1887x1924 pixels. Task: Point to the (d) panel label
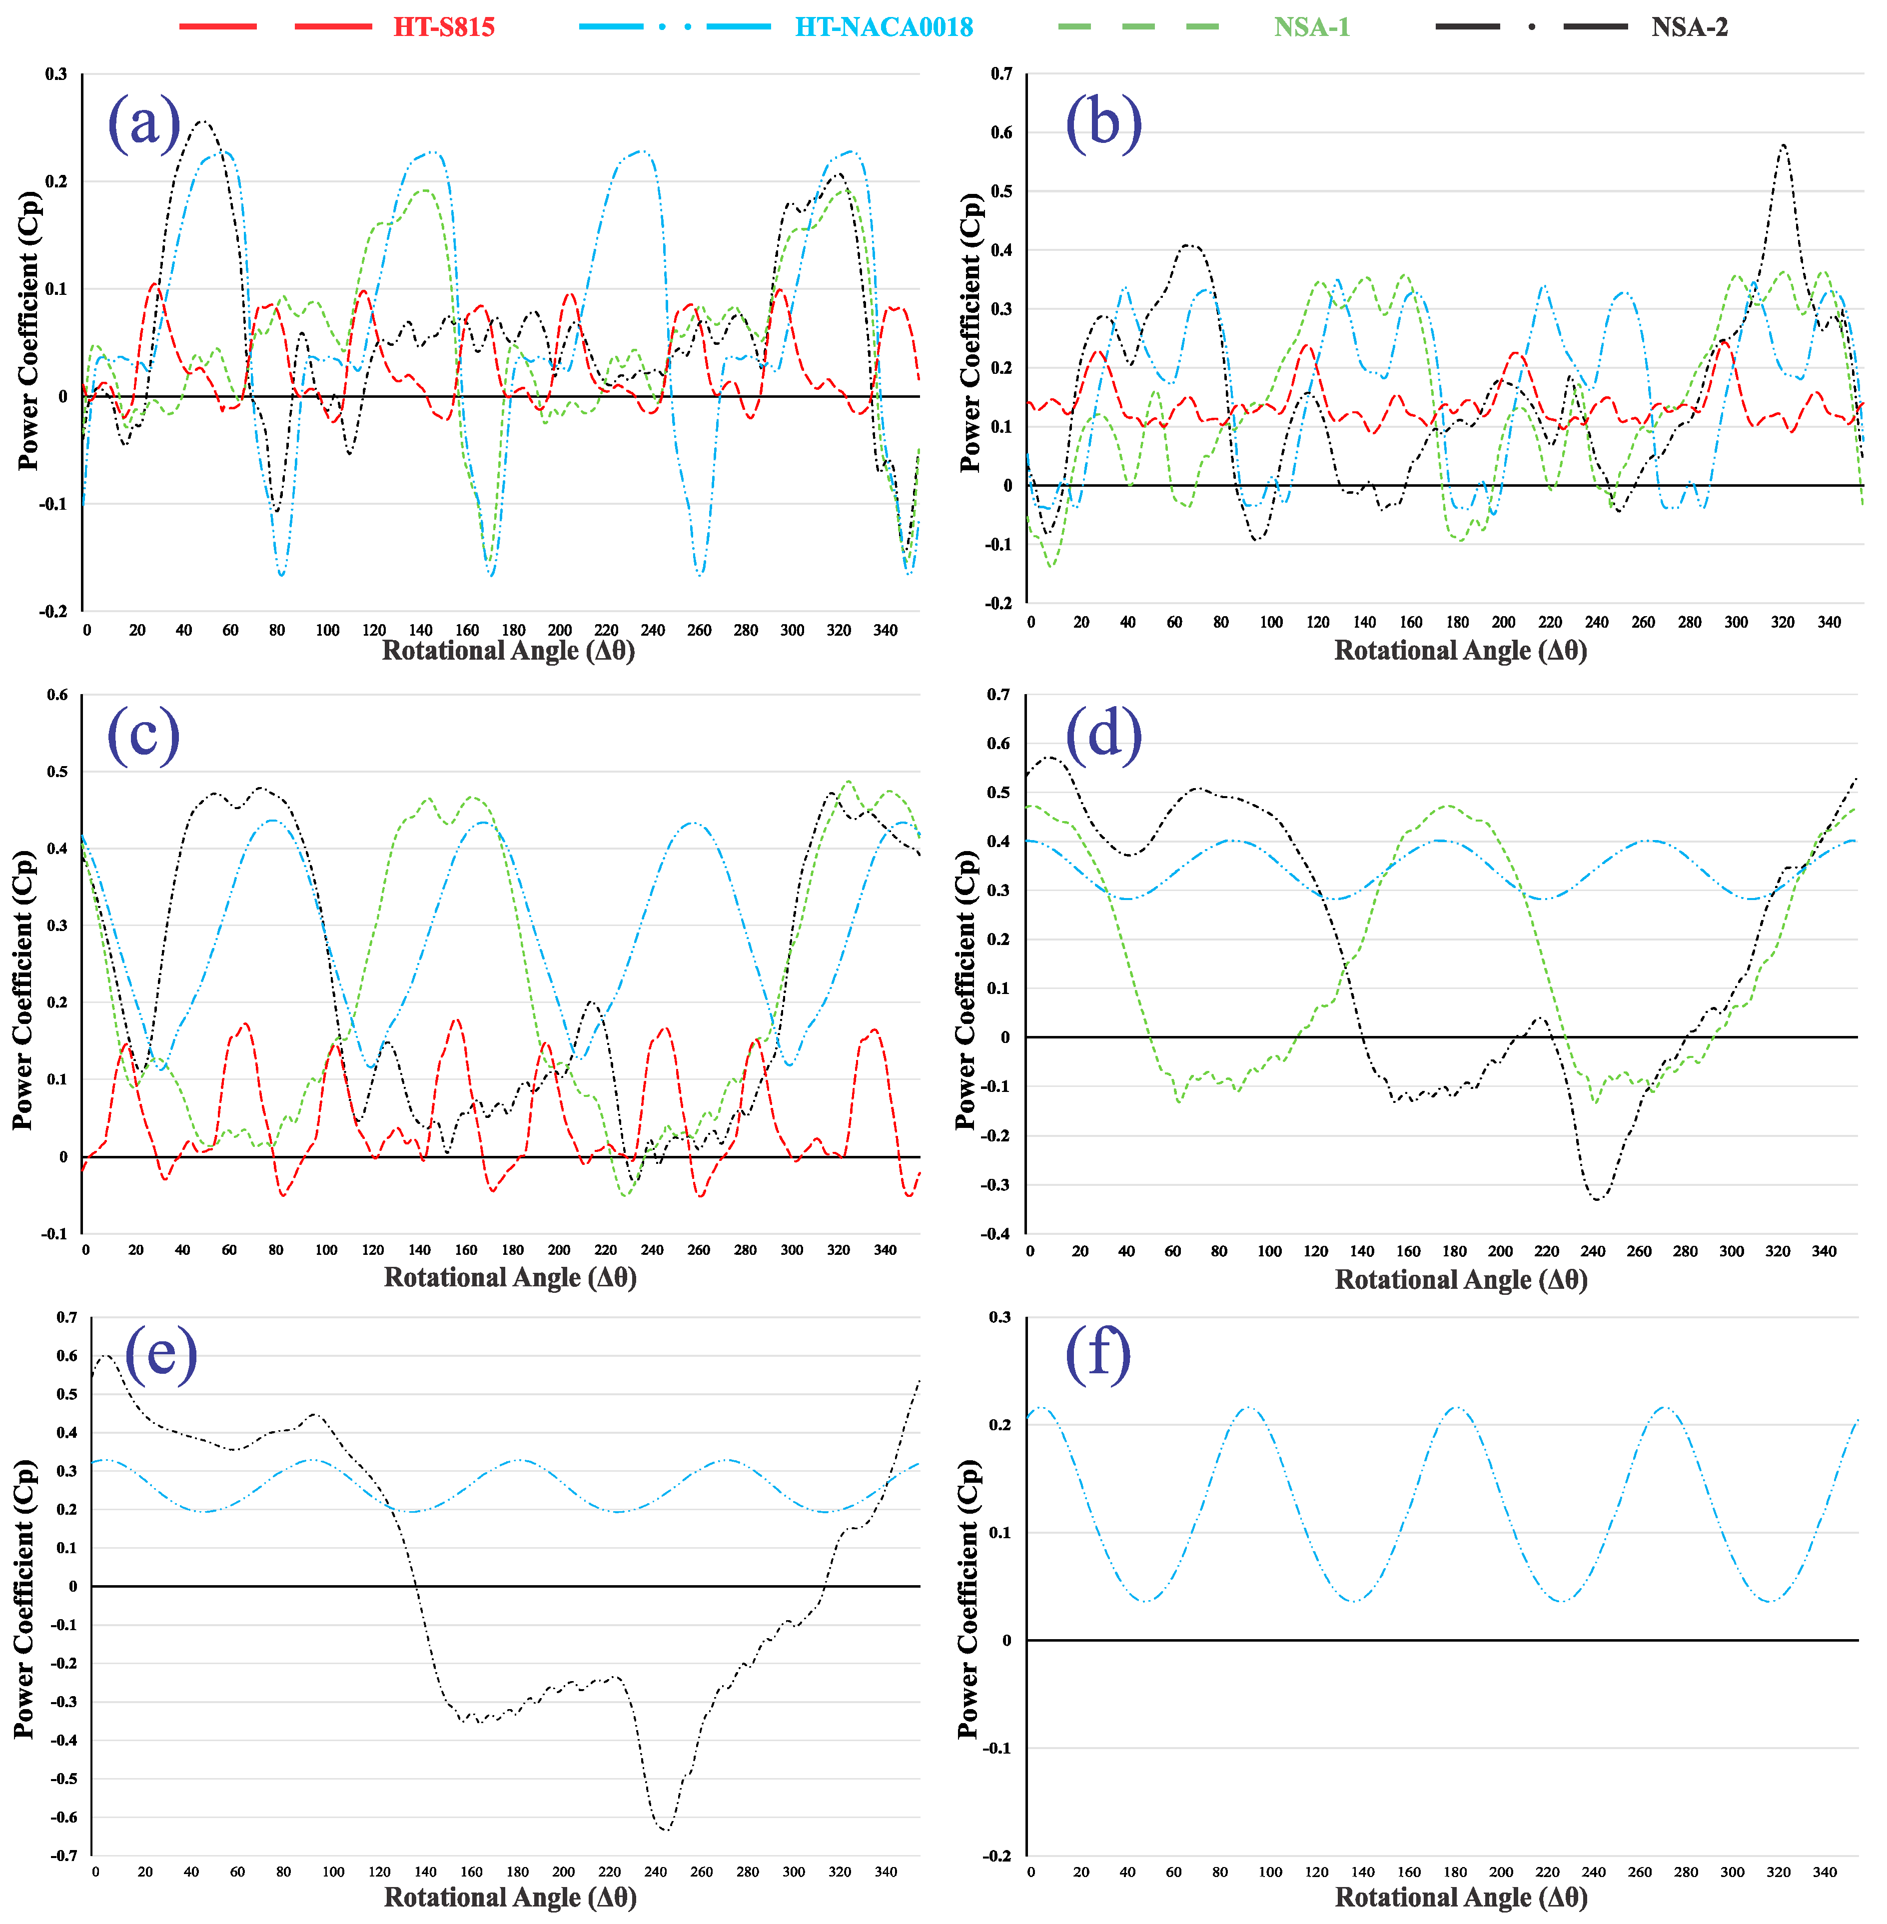(x=1103, y=735)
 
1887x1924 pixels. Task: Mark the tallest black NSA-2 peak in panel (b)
(x=1783, y=145)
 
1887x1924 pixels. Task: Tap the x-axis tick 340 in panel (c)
(x=885, y=1250)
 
